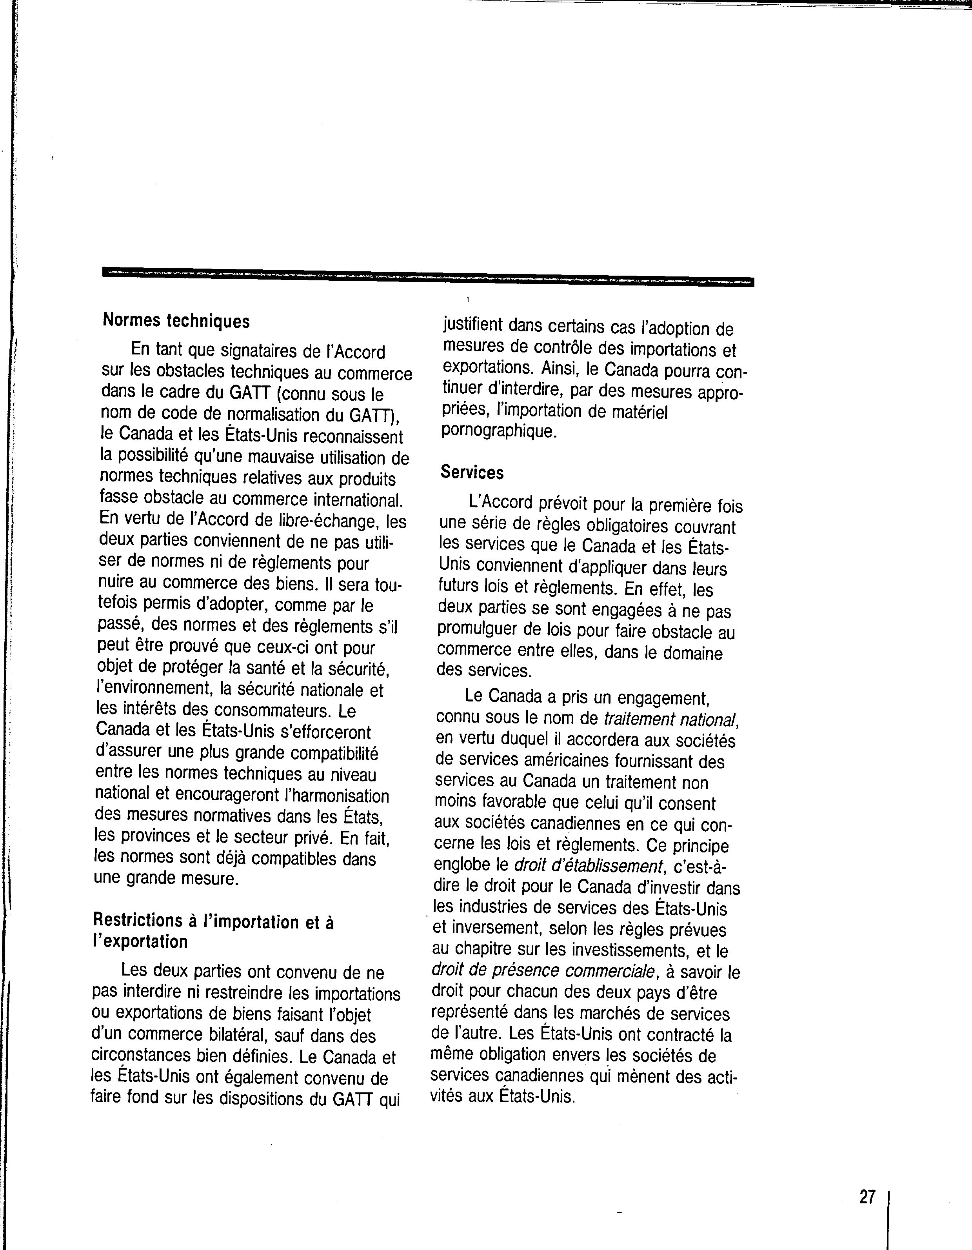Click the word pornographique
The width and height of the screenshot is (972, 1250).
498,431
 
